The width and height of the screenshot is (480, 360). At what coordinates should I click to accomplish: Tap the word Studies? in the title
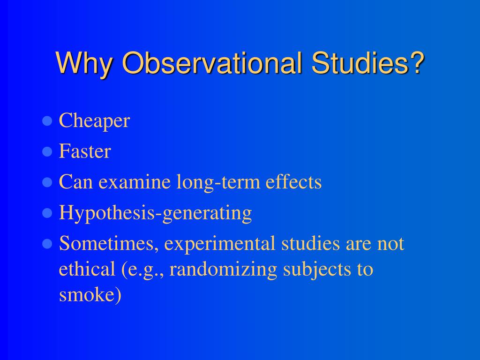point(368,62)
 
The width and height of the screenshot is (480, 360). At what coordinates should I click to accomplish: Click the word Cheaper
point(94,121)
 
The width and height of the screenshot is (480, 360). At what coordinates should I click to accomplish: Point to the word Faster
point(85,151)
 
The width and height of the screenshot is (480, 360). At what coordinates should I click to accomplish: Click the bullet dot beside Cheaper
point(47,121)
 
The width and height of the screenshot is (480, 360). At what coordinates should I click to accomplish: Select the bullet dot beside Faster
point(47,152)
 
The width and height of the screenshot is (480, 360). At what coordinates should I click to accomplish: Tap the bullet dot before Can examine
point(47,182)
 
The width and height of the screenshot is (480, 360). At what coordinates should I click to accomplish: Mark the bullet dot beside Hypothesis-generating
point(47,213)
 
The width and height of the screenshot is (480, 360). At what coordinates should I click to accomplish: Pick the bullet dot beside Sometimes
point(47,244)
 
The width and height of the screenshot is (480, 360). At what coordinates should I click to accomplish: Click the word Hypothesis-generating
point(155,213)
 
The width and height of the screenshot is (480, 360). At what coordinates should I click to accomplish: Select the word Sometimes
point(109,244)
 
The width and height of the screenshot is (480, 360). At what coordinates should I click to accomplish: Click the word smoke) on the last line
point(90,295)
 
